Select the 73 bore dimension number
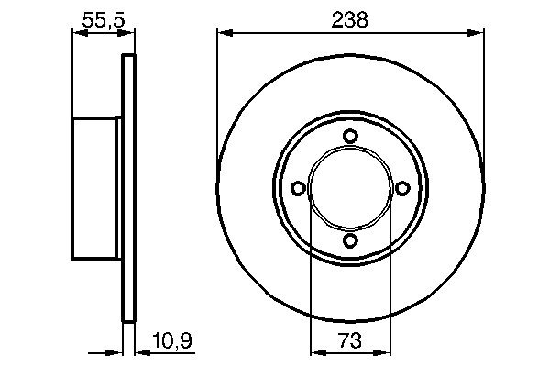tap(349, 340)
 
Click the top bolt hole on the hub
tap(349, 136)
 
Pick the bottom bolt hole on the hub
tap(349, 240)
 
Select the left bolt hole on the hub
tap(297, 188)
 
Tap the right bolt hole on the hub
tap(401, 188)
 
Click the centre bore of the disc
tap(349, 188)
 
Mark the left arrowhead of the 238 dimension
tap(223, 34)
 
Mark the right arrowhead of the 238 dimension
tap(477, 34)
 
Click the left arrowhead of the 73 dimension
tap(315, 351)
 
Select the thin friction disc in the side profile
tap(128, 188)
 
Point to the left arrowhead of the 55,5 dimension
tap(78, 34)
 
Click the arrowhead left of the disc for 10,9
tap(116, 351)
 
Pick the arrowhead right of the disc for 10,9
tap(140, 351)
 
